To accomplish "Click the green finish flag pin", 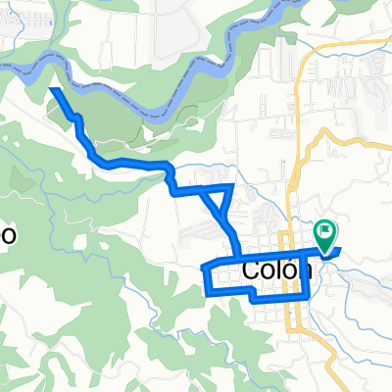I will pyautogui.click(x=324, y=233).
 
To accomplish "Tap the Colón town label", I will pyautogui.click(x=274, y=271).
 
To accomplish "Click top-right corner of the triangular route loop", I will pyautogui.click(x=231, y=185).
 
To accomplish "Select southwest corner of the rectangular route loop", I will pyautogui.click(x=207, y=292).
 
